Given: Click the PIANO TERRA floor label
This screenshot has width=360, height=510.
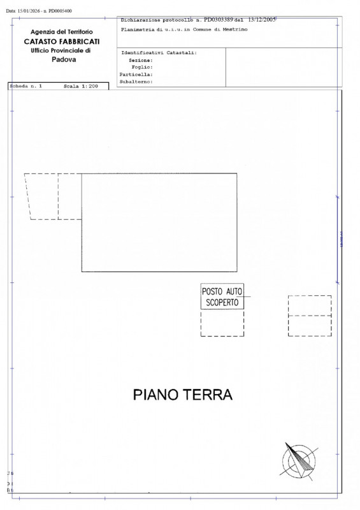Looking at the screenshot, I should (182, 395).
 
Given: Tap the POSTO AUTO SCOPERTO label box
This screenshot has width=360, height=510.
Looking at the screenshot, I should (222, 297).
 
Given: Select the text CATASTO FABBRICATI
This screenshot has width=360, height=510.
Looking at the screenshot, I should (61, 41).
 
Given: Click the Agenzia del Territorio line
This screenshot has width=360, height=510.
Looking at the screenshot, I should (61, 32).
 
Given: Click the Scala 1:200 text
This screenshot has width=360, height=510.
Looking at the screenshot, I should (81, 85).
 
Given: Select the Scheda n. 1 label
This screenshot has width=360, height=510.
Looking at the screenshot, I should (25, 85).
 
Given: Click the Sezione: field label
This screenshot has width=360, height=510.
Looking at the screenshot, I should (140, 60).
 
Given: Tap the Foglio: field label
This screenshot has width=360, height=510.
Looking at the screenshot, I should (141, 67).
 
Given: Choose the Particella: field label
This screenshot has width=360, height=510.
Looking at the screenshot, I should (136, 74).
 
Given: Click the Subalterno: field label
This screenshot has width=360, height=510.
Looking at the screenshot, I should (136, 82).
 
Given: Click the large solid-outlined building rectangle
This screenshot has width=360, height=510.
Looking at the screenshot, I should (159, 222).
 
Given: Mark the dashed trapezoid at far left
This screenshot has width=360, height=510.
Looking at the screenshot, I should (42, 196).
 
